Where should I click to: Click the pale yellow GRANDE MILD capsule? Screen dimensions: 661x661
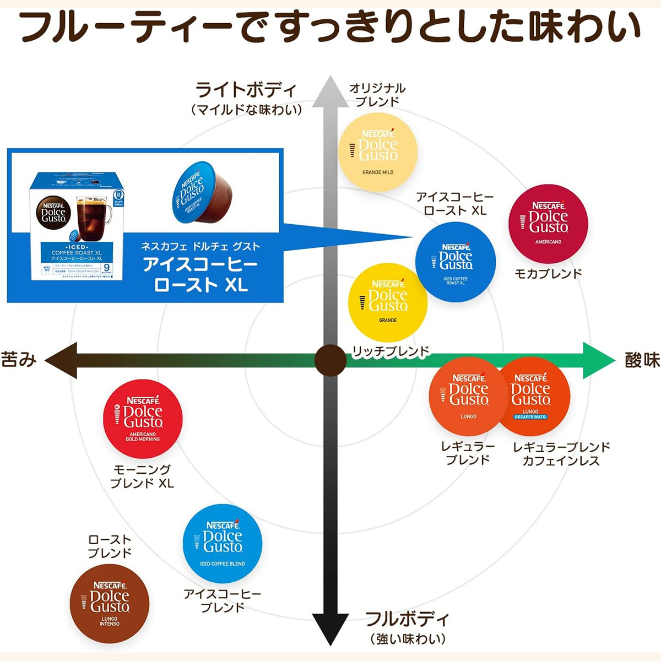coord(378,151)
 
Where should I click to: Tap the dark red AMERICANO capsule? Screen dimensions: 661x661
coord(548,224)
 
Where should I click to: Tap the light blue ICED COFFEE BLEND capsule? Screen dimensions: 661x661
coord(223,543)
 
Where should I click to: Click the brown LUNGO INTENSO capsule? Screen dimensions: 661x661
coord(110,603)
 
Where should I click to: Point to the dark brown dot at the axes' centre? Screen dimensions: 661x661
coord(330,361)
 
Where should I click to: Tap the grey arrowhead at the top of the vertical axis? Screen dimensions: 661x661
coord(330,91)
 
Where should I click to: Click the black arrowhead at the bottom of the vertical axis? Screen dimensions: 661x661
coord(330,628)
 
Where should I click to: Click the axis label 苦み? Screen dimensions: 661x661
coord(19,360)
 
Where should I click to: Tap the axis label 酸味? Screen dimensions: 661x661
coord(642,360)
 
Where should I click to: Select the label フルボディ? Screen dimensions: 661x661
coord(407,619)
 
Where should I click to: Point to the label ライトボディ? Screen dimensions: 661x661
coord(246,89)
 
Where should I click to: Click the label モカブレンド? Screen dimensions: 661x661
coord(548,273)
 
